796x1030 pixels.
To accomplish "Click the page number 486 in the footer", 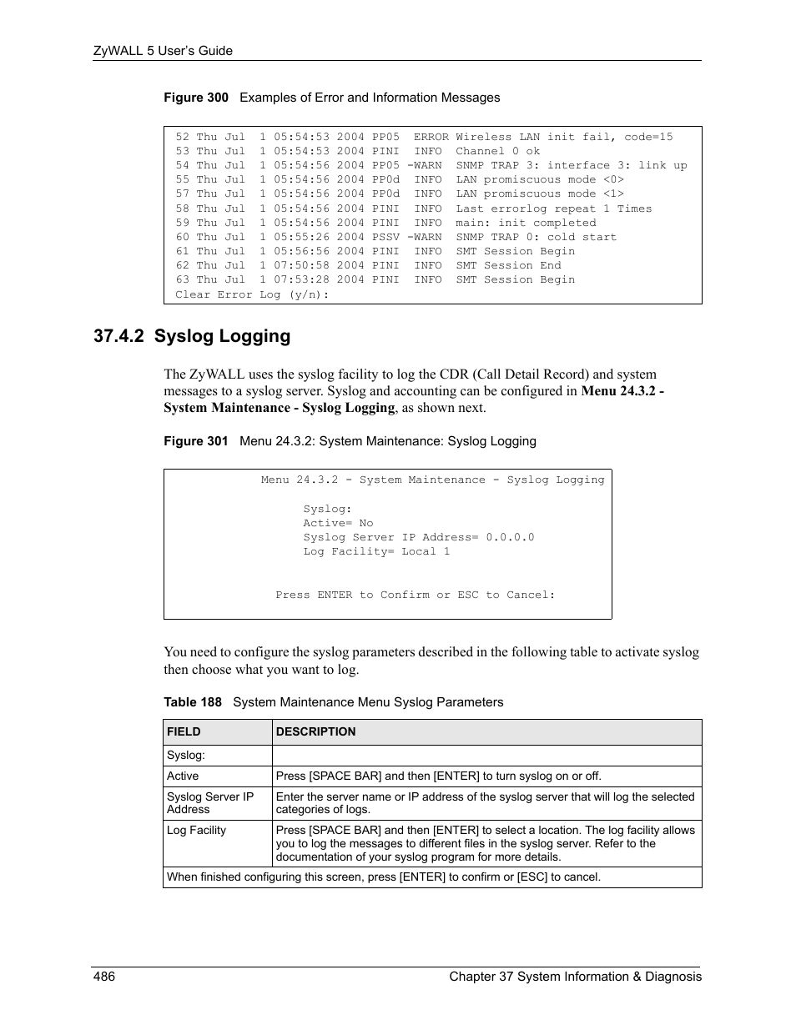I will (104, 977).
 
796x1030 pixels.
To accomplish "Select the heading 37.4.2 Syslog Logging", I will (193, 336).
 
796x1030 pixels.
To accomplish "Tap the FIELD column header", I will (184, 731).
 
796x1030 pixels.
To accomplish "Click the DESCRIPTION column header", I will (315, 731).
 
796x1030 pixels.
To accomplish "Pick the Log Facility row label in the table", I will (196, 830).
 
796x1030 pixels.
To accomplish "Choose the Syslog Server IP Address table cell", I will (209, 802).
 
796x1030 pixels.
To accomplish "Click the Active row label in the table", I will (183, 776).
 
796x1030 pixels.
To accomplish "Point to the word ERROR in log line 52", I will (431, 137).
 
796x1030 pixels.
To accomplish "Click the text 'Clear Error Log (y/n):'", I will (252, 294).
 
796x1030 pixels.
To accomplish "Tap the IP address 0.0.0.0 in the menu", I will (510, 537).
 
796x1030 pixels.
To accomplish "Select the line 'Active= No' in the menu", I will (338, 523).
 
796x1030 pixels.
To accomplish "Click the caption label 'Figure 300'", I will (195, 98).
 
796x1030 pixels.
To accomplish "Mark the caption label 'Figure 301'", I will (195, 441).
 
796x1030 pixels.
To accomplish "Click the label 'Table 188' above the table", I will (193, 702).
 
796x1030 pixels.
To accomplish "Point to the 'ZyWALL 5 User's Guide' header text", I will (163, 51).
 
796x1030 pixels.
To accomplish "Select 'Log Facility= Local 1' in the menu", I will (376, 551).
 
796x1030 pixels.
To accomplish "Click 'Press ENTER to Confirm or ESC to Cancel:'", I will (415, 595).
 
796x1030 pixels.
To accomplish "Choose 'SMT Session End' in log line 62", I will (508, 265).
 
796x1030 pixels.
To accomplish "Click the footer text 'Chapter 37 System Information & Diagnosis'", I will (575, 977).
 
